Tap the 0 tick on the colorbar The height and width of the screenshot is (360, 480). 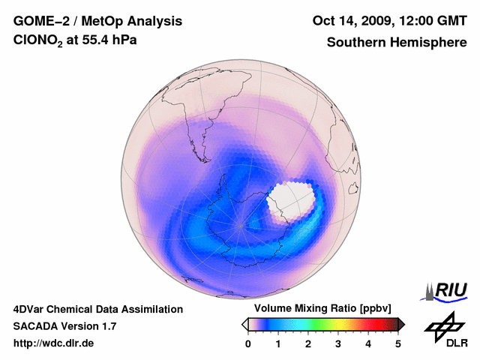tap(248, 343)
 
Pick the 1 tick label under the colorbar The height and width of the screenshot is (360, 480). tap(278, 343)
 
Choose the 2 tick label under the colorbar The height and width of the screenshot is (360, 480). tap(308, 343)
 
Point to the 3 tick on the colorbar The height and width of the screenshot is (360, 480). tap(338, 343)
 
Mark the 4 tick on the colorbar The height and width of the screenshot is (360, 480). tap(368, 343)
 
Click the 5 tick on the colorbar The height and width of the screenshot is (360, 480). tap(398, 343)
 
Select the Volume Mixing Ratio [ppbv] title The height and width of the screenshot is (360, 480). tap(319, 309)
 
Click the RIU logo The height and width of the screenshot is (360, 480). tap(447, 290)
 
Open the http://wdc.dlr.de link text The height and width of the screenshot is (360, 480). tap(54, 343)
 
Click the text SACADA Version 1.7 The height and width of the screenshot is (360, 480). tap(64, 326)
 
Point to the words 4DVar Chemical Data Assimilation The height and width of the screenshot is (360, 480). tap(97, 309)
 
